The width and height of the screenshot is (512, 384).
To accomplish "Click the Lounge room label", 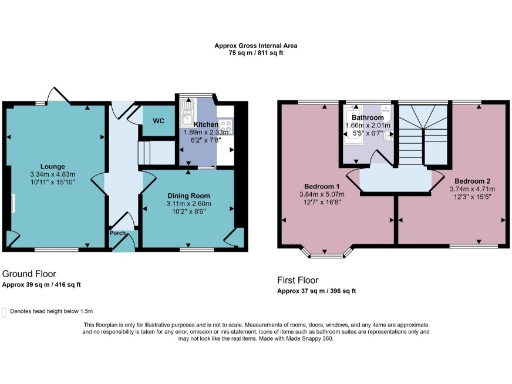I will click(53, 165).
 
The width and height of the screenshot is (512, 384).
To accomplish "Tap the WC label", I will click(158, 121).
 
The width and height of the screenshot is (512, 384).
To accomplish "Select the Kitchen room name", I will click(206, 124).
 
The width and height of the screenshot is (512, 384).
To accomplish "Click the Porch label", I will click(118, 235).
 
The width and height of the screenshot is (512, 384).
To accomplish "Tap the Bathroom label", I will click(372, 118).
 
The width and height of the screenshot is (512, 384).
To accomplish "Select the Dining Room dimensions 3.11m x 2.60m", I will click(187, 203).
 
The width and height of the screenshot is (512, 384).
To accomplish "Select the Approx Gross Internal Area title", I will click(256, 45).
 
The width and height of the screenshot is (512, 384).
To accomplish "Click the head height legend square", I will click(7, 311).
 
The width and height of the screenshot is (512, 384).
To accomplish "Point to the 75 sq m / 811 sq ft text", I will click(256, 54).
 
